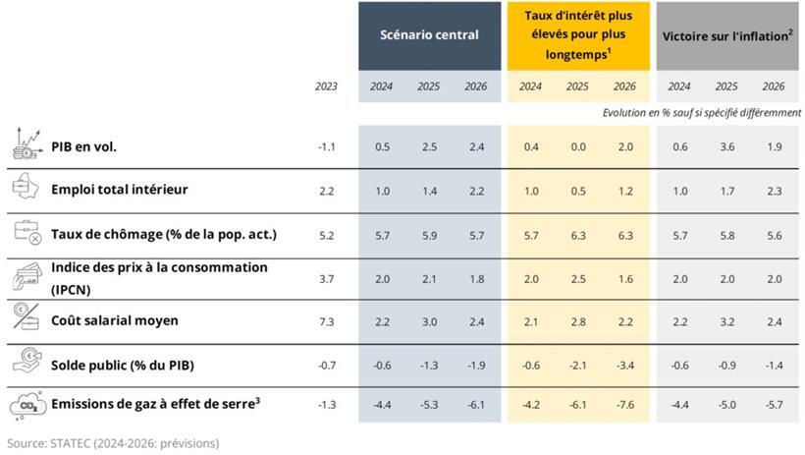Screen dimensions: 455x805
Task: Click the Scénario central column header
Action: click(x=429, y=35)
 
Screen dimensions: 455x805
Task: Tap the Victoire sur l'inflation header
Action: click(x=726, y=35)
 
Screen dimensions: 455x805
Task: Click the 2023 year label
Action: click(x=326, y=86)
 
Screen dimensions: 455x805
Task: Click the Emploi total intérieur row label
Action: click(x=119, y=189)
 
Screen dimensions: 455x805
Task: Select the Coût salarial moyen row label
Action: click(x=114, y=320)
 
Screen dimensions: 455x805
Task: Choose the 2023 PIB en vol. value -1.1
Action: click(x=327, y=147)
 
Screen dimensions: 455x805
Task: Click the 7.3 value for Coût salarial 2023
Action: click(x=327, y=321)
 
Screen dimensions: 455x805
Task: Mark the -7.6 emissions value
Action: click(x=623, y=405)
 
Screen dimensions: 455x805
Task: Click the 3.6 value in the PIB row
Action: click(x=726, y=147)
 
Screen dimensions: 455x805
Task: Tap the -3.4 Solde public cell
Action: click(x=623, y=366)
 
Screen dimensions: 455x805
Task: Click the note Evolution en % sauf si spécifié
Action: click(x=701, y=113)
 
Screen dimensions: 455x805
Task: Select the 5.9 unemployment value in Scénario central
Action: click(x=428, y=234)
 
